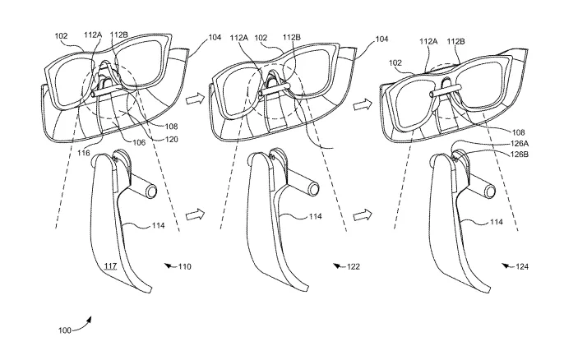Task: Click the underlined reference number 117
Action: pyautogui.click(x=110, y=266)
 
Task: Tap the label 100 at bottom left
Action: pyautogui.click(x=64, y=330)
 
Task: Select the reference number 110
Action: pyautogui.click(x=184, y=267)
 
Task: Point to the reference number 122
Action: pyautogui.click(x=354, y=267)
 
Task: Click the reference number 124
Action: pyautogui.click(x=522, y=267)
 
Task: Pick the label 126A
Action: pyautogui.click(x=520, y=144)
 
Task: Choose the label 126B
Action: pyautogui.click(x=520, y=155)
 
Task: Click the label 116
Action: pyautogui.click(x=83, y=153)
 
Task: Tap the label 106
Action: pyautogui.click(x=139, y=143)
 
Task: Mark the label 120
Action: pyautogui.click(x=171, y=139)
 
